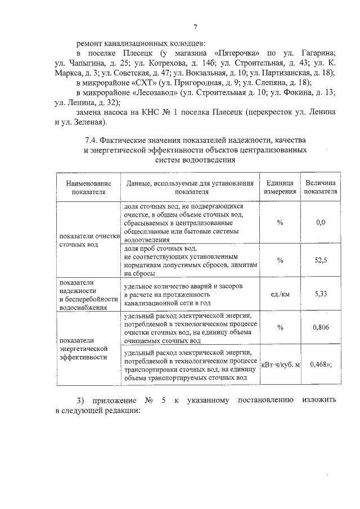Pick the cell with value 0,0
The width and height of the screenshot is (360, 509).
coord(321,223)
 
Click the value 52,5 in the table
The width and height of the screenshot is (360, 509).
coord(321,259)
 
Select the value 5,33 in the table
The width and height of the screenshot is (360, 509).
coord(321,294)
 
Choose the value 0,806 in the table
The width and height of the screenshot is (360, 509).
coord(321,327)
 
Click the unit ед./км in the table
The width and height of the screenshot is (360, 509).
coord(280,294)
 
